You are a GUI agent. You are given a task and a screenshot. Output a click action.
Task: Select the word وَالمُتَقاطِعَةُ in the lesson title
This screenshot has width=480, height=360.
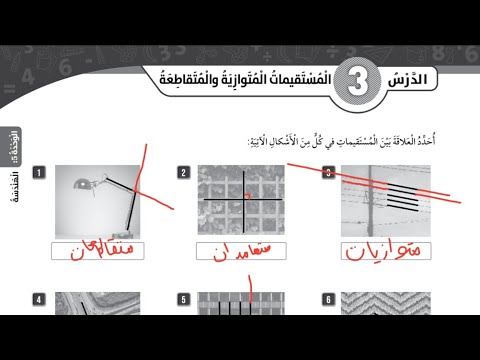pos(178,78)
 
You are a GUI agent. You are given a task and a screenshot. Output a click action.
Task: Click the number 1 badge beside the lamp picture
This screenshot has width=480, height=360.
pos(37,174)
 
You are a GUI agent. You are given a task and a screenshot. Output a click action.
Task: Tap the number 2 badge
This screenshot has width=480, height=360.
pos(183,174)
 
